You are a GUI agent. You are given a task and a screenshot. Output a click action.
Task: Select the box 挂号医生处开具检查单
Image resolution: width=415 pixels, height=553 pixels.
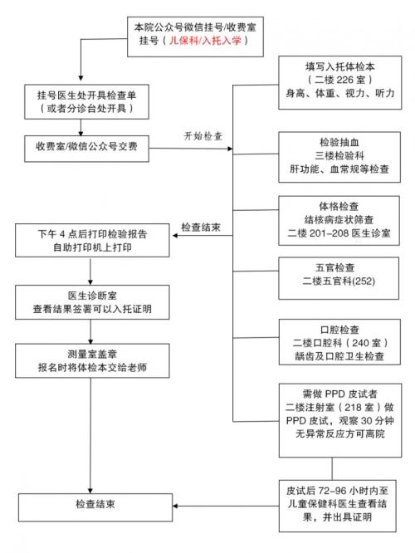(x=81, y=101)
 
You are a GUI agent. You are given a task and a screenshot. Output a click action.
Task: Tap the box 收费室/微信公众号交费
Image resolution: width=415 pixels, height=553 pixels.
(x=81, y=148)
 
